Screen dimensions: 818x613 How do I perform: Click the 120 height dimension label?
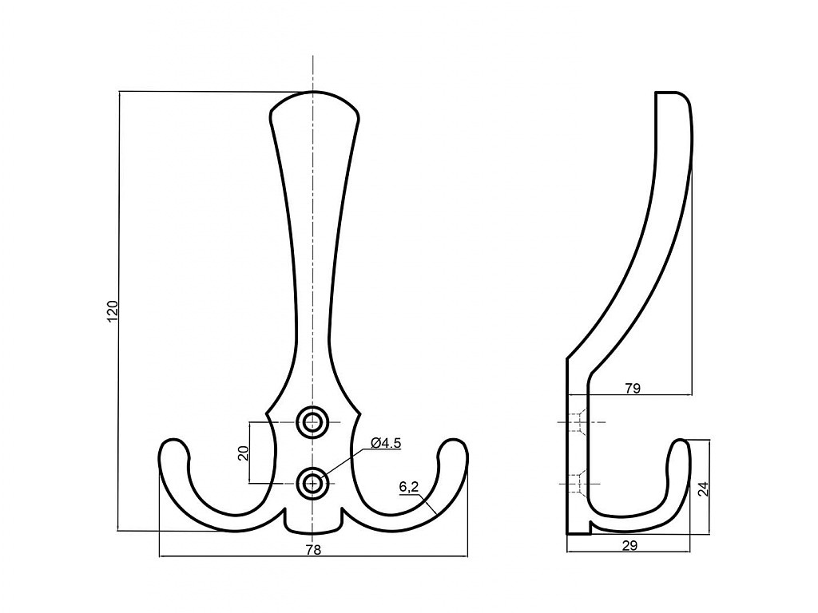click(x=113, y=310)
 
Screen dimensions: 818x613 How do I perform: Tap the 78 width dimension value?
click(x=313, y=549)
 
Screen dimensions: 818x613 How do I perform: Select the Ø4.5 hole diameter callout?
click(x=386, y=443)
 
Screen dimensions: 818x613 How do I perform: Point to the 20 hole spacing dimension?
click(x=243, y=453)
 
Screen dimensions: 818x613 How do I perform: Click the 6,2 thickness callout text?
click(x=409, y=488)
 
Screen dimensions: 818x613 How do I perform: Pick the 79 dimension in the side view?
click(x=633, y=389)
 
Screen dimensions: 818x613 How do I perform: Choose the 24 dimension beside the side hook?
click(x=704, y=488)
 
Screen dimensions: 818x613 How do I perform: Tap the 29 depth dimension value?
click(x=629, y=545)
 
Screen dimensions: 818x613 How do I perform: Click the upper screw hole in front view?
click(x=313, y=421)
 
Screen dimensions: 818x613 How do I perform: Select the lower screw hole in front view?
click(x=313, y=483)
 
